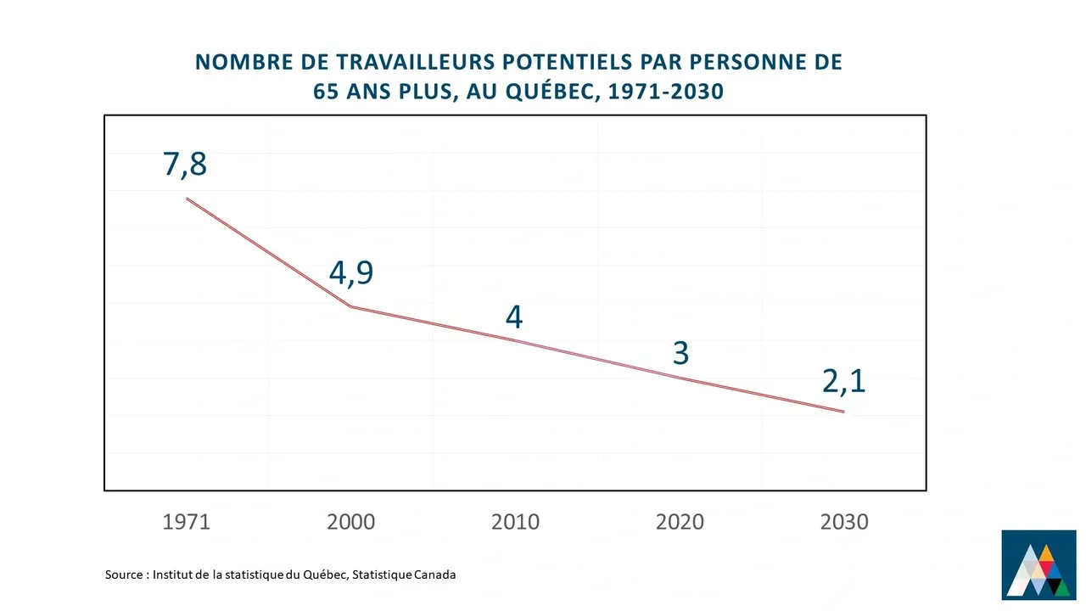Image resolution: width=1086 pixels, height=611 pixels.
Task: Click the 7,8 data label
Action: tap(185, 163)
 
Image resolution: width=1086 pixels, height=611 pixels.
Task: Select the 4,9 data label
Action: tap(350, 272)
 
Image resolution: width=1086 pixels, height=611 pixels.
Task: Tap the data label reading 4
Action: tap(514, 317)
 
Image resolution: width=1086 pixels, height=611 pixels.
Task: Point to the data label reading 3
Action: tap(680, 352)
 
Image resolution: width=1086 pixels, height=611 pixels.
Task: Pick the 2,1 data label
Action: tap(843, 382)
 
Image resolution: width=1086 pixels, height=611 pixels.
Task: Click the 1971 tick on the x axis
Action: tap(186, 521)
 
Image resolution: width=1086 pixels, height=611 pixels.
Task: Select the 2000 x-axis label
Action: tap(350, 521)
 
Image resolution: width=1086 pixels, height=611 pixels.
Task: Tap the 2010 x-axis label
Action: tap(515, 521)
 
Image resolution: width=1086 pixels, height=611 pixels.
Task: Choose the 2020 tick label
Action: tap(680, 521)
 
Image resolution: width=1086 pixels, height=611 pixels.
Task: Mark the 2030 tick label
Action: tap(844, 521)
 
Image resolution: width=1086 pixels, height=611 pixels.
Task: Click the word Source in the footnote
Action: tap(125, 575)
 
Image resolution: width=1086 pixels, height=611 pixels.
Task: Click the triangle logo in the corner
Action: tap(1038, 564)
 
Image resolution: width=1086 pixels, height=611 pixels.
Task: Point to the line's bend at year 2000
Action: tap(350, 306)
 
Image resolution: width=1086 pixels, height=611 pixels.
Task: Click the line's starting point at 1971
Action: tap(187, 199)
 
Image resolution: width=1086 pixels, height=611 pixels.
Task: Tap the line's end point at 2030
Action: tap(843, 412)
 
